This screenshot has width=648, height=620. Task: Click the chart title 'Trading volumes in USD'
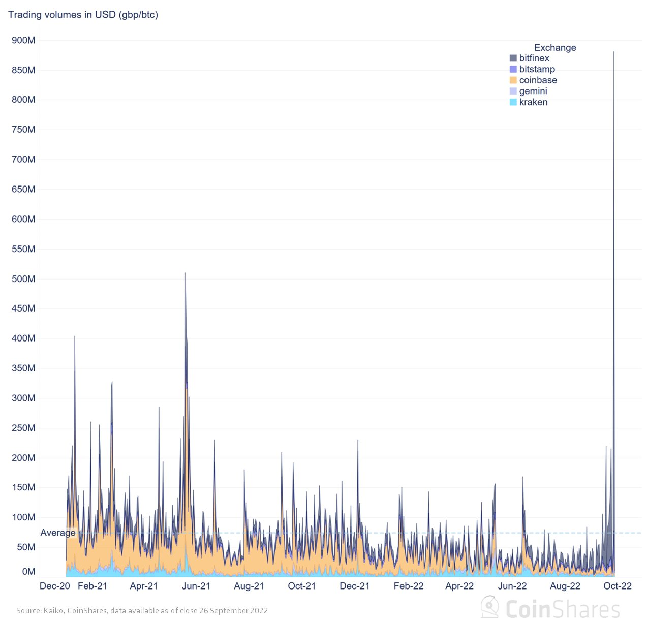(x=83, y=15)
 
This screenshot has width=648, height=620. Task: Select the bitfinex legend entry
(x=534, y=58)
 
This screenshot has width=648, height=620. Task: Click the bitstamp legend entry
(x=536, y=69)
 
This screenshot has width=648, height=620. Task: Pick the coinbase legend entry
(x=537, y=80)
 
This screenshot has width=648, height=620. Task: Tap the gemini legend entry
(x=533, y=91)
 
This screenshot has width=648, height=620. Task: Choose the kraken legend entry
(x=533, y=102)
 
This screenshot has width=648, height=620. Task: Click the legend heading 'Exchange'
(x=555, y=48)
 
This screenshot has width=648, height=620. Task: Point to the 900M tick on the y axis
(x=23, y=40)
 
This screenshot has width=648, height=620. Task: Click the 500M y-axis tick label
(x=23, y=279)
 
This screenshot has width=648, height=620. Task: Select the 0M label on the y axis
(x=28, y=572)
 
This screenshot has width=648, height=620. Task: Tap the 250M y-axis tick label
(x=23, y=428)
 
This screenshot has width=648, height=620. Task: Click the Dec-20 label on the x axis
(x=55, y=586)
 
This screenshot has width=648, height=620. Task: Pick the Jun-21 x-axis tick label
(x=196, y=586)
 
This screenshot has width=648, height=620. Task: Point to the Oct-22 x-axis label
(x=618, y=586)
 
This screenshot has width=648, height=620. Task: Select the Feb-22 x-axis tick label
(x=409, y=586)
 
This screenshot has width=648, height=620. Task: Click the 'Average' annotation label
(x=58, y=533)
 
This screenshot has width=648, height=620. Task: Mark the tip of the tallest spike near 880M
(x=613, y=52)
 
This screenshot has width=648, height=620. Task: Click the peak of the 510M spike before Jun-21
(x=185, y=273)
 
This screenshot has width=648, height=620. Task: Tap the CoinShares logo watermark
(x=551, y=608)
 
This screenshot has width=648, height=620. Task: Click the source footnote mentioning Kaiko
(x=142, y=611)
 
